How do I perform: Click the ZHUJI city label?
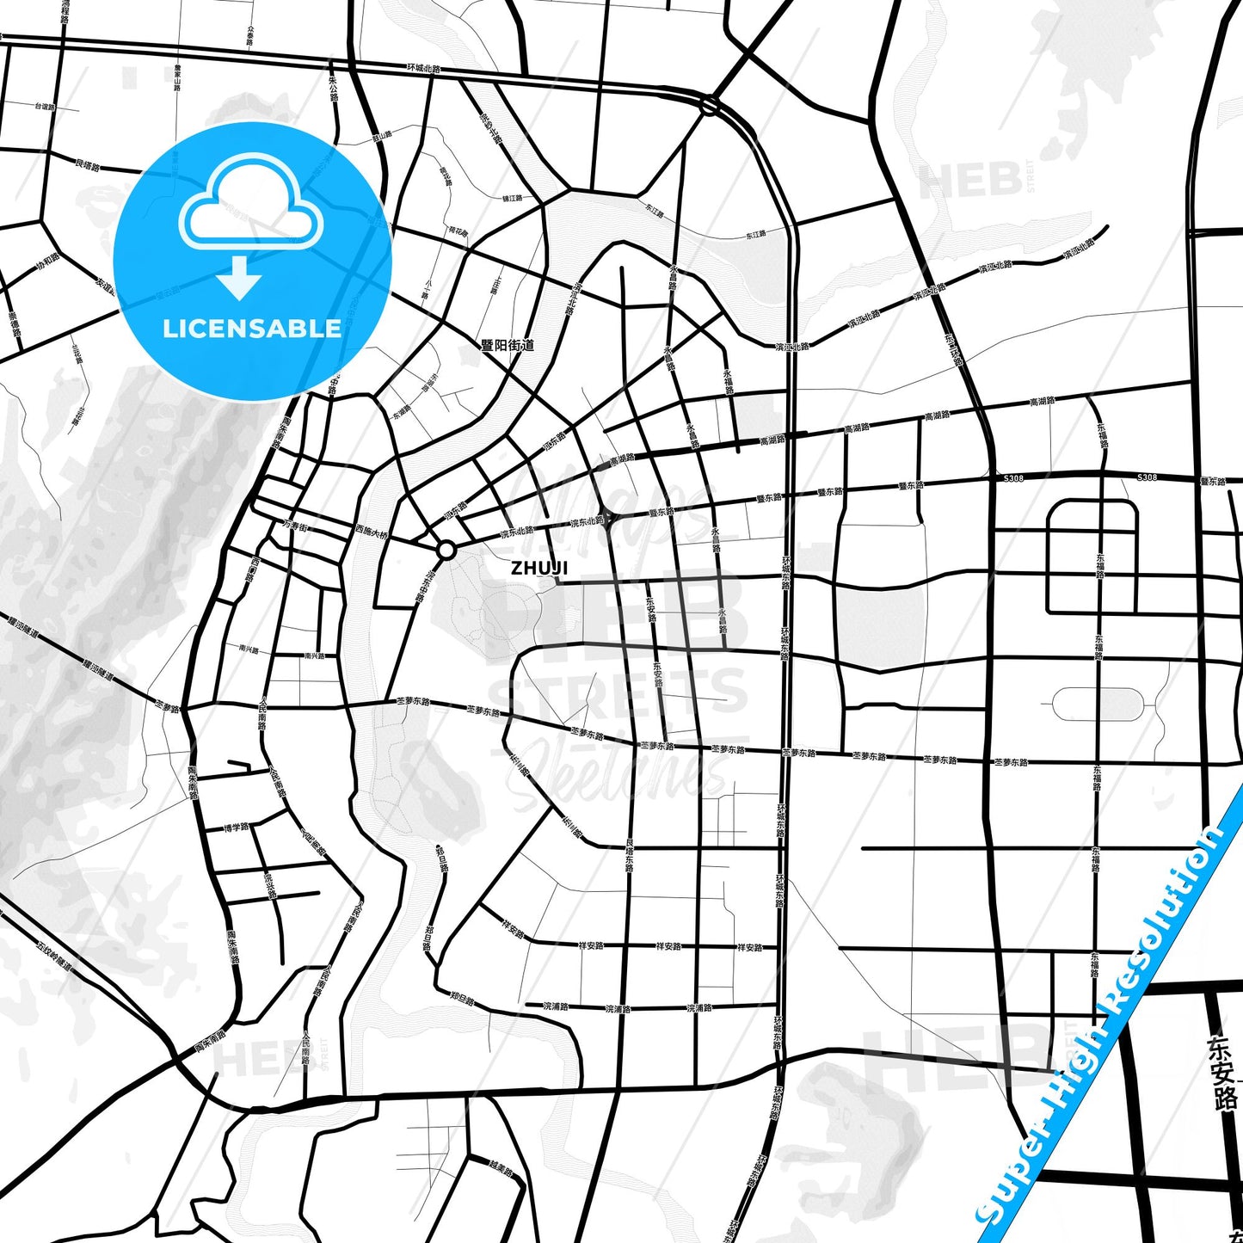coord(539,568)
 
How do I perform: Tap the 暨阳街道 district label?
coord(508,345)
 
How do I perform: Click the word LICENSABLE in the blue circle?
coord(252,329)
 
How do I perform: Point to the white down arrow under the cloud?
coord(240,278)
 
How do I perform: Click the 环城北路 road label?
coord(424,68)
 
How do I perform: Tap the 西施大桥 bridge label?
coord(372,532)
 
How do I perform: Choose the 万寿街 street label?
coord(295,526)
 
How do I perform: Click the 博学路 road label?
coord(236,828)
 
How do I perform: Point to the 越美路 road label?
coord(501,1171)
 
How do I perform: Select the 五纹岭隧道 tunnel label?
coord(53,954)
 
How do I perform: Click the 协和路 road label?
coord(48,260)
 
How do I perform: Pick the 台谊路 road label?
coord(45,108)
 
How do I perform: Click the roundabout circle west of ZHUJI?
coord(446,550)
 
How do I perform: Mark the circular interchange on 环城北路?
coord(709,106)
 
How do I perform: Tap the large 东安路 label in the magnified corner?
coord(1222,1072)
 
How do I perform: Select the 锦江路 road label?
coord(512,199)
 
